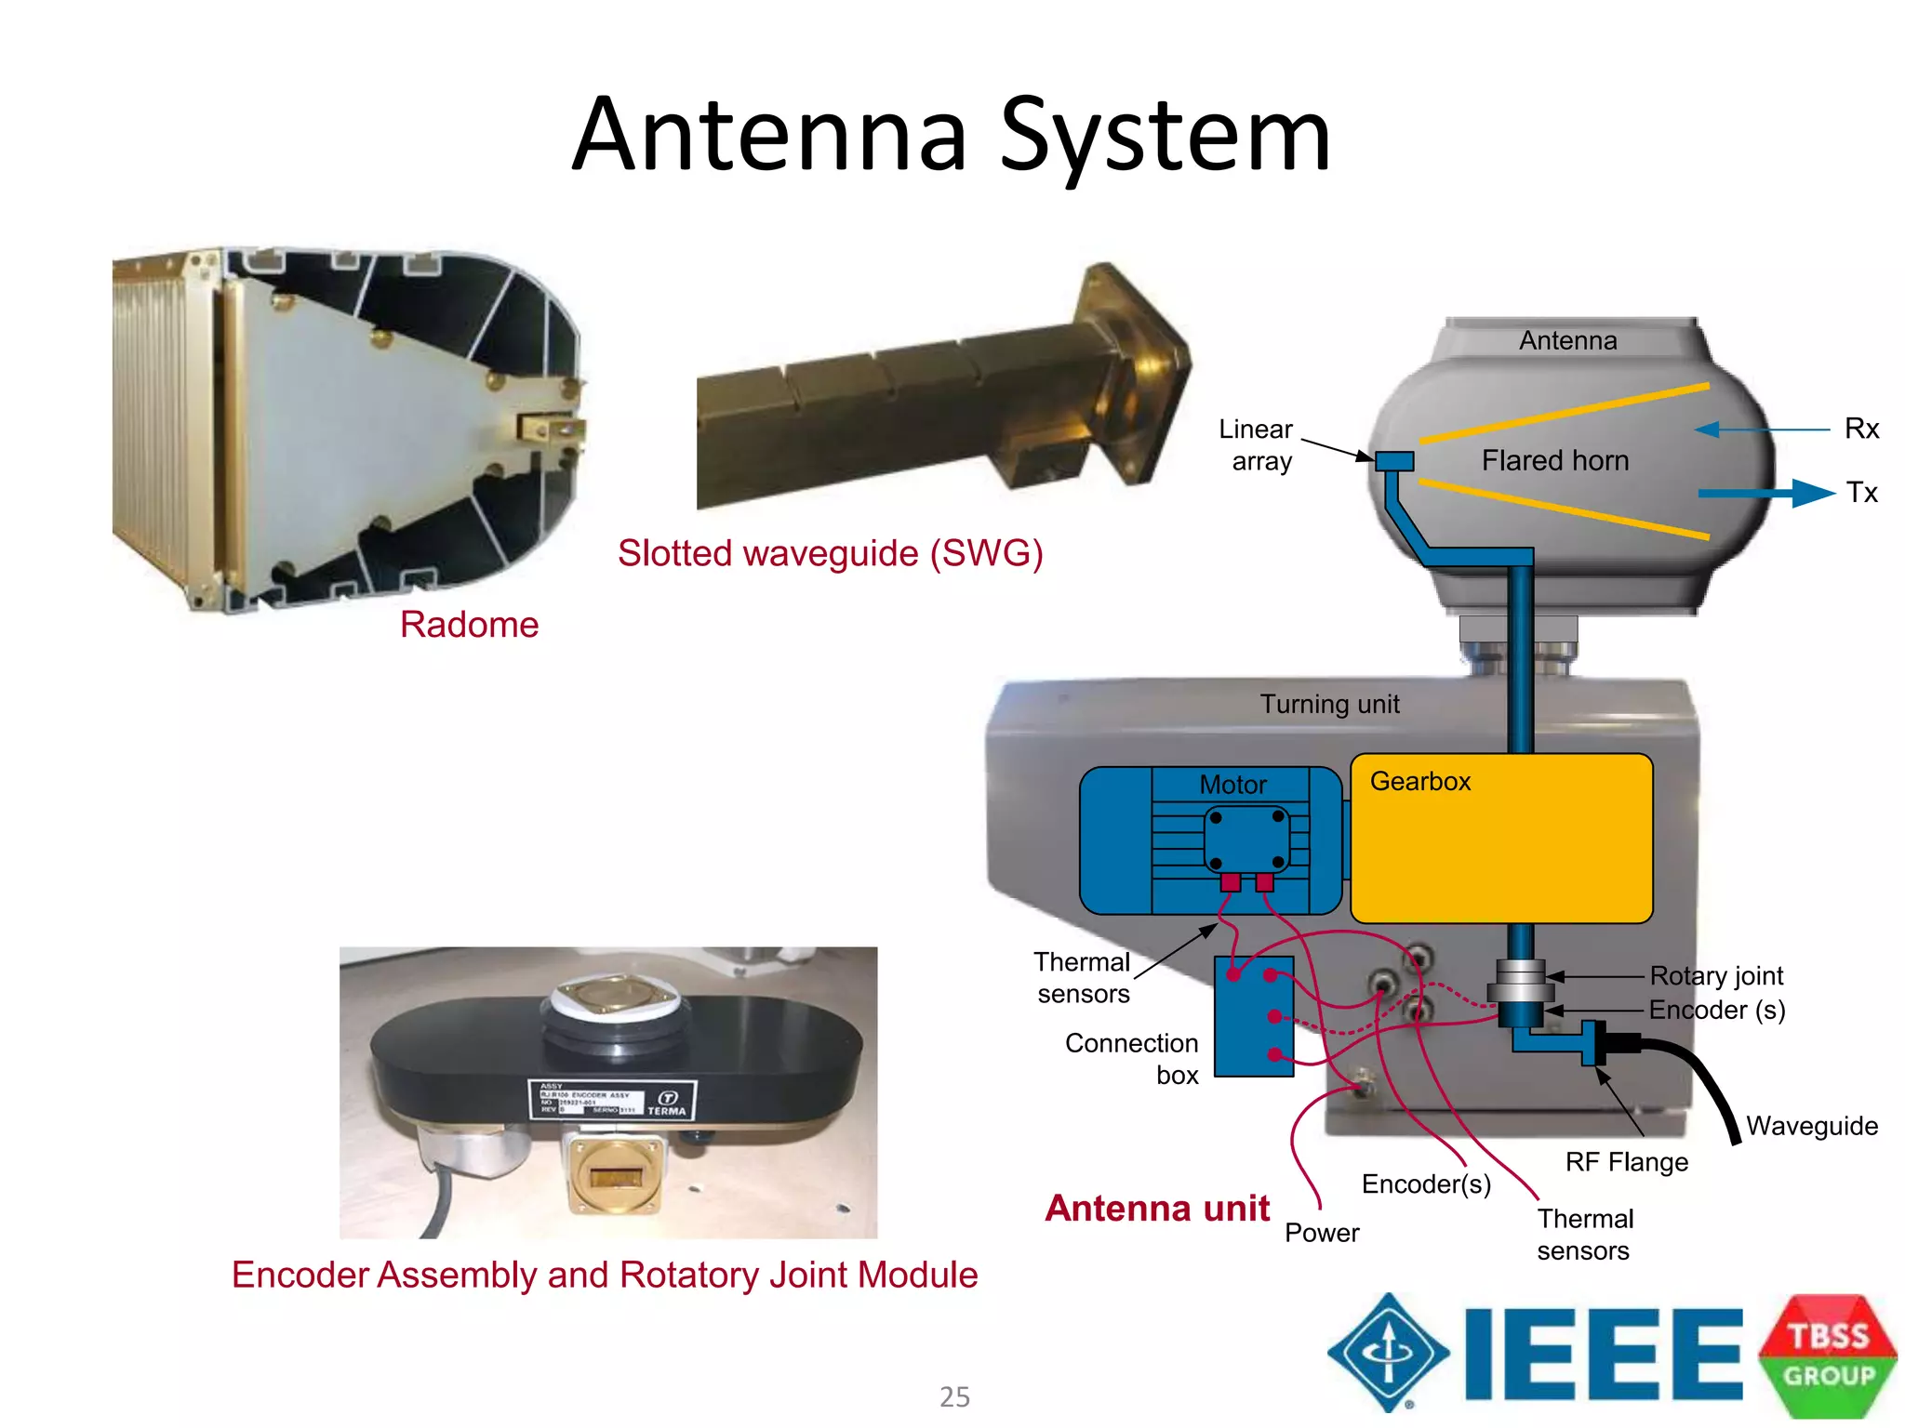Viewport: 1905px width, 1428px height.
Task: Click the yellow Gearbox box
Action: point(1500,839)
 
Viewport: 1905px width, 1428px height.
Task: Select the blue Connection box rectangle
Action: point(1253,1017)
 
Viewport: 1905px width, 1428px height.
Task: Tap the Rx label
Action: point(1861,429)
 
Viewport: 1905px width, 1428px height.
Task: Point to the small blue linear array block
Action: point(1393,461)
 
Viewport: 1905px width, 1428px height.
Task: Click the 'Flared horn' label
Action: point(1554,460)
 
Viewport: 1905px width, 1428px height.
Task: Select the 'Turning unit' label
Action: point(1329,704)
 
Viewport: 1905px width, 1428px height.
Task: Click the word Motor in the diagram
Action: point(1232,785)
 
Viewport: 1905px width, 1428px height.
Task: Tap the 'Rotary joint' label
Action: point(1716,975)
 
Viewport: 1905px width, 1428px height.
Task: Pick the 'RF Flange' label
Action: point(1626,1161)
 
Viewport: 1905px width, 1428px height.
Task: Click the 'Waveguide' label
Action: point(1811,1126)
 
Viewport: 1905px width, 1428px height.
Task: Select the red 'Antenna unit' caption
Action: point(1157,1208)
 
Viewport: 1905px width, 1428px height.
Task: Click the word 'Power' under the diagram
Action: point(1321,1233)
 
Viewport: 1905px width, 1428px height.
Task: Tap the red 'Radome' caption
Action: point(469,625)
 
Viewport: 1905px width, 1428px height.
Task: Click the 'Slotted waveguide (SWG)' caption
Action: point(830,553)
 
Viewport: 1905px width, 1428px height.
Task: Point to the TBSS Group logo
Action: point(1828,1355)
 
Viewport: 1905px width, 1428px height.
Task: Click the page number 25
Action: point(954,1396)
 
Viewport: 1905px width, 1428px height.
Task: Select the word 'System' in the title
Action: point(1165,136)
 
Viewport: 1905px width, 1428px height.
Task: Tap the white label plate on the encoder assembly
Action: point(611,1100)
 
